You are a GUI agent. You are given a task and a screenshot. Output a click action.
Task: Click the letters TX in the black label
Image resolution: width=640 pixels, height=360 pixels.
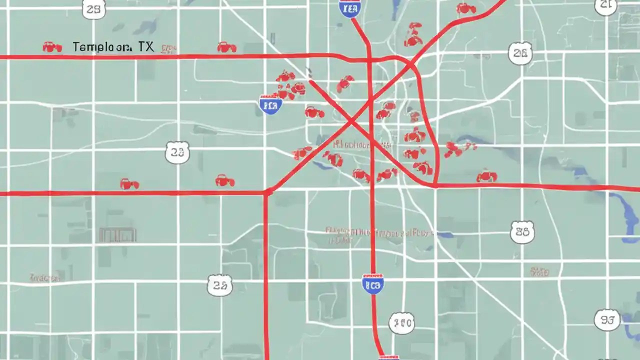click(x=146, y=47)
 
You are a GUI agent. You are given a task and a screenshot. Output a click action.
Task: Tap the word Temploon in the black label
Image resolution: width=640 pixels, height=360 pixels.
click(x=102, y=47)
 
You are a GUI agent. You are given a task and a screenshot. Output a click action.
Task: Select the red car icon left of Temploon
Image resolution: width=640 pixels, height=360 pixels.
click(x=52, y=47)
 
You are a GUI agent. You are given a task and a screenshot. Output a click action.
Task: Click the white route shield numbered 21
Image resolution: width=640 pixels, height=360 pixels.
click(x=606, y=5)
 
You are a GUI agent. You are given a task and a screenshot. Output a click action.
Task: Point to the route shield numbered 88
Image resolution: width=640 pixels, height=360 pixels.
click(x=522, y=231)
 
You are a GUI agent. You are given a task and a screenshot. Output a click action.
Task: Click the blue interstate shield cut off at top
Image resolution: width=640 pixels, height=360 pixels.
click(x=350, y=7)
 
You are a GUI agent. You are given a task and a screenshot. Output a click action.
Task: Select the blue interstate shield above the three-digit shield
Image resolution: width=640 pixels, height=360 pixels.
click(x=372, y=283)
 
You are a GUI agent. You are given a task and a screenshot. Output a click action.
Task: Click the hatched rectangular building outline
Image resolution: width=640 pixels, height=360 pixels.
click(x=117, y=234)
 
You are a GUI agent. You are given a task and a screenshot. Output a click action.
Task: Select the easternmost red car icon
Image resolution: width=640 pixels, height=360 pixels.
click(x=486, y=176)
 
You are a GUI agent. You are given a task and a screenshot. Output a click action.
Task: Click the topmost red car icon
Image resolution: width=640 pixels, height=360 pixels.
click(x=465, y=8)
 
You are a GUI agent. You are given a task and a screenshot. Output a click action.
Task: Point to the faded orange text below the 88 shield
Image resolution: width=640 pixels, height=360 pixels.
click(x=539, y=272)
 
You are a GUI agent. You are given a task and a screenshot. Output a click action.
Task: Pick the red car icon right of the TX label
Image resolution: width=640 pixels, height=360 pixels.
click(x=226, y=47)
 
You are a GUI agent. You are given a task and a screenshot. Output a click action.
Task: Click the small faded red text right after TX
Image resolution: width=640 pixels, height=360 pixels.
click(x=168, y=48)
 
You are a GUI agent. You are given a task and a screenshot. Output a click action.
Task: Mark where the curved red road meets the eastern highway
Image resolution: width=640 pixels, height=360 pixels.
click(x=435, y=185)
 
